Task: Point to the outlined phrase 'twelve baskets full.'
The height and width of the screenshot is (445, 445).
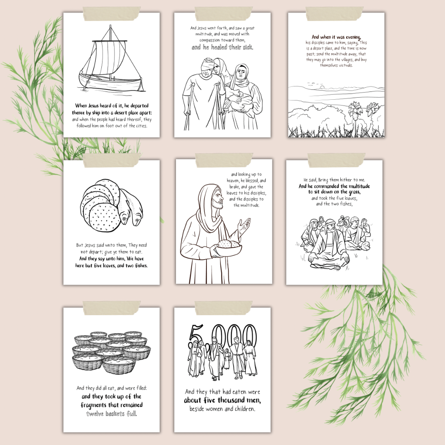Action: [112, 414]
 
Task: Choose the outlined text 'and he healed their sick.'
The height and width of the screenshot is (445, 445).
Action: [222, 47]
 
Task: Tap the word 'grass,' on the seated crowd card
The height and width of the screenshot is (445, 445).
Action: [353, 192]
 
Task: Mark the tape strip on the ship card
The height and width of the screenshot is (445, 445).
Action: [112, 14]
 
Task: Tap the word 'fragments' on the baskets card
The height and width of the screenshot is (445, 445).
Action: [94, 405]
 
